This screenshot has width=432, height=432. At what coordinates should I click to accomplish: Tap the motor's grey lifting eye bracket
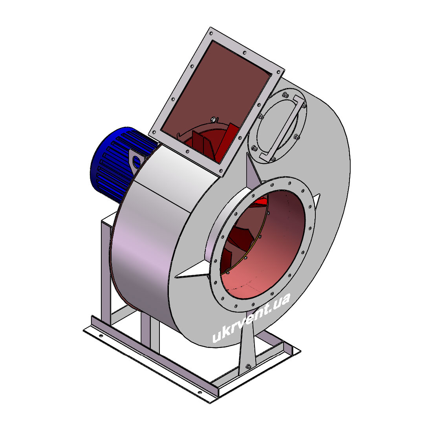tap(136, 161)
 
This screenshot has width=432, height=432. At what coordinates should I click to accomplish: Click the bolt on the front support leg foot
tap(248, 366)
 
